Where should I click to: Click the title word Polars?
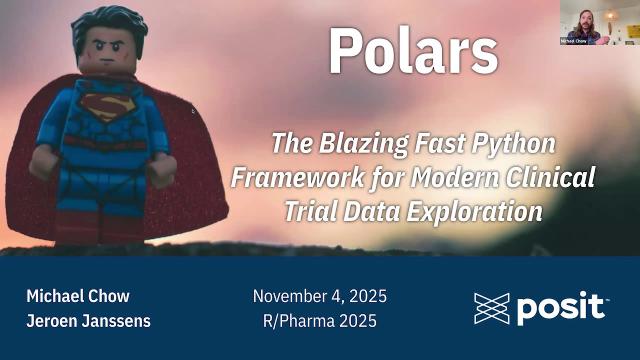(x=413, y=51)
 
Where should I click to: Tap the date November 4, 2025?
(x=319, y=297)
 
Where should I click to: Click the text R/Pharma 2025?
(x=319, y=321)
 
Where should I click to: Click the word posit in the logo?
(x=562, y=308)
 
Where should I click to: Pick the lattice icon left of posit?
(x=491, y=309)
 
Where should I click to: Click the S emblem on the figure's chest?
(x=103, y=105)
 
